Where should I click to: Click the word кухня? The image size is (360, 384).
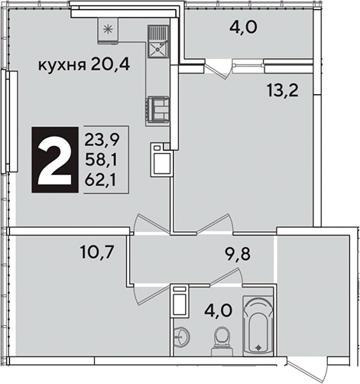(x=61, y=66)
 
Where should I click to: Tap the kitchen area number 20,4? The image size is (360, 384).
(x=109, y=64)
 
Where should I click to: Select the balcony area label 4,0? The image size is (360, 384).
(x=243, y=28)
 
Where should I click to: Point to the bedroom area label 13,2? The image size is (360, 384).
(x=282, y=90)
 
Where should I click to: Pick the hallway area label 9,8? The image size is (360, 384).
(x=237, y=254)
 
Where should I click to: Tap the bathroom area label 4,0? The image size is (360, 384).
(x=218, y=311)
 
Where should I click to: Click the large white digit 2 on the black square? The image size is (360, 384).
(x=54, y=160)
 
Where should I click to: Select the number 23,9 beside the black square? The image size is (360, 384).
(x=102, y=141)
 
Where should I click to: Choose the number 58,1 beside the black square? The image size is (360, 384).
(x=101, y=161)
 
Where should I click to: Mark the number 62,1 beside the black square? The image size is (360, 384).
(x=100, y=181)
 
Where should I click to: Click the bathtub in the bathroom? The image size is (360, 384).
(x=258, y=326)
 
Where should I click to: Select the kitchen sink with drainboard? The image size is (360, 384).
(x=158, y=41)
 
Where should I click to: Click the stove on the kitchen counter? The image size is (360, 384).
(x=158, y=109)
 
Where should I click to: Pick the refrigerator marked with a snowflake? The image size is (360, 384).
(x=108, y=31)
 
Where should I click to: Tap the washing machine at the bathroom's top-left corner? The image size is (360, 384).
(x=180, y=300)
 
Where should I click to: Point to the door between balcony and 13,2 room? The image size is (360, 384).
(x=217, y=69)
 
